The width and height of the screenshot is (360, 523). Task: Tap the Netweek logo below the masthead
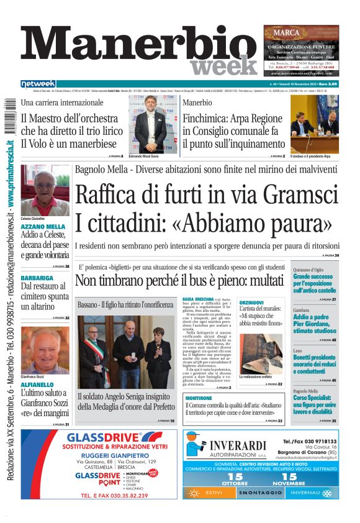38,83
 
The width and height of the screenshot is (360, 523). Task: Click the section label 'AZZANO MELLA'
43,227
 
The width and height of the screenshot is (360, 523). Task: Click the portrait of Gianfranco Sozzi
45,350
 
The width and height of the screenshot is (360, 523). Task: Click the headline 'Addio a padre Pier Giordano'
315,320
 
